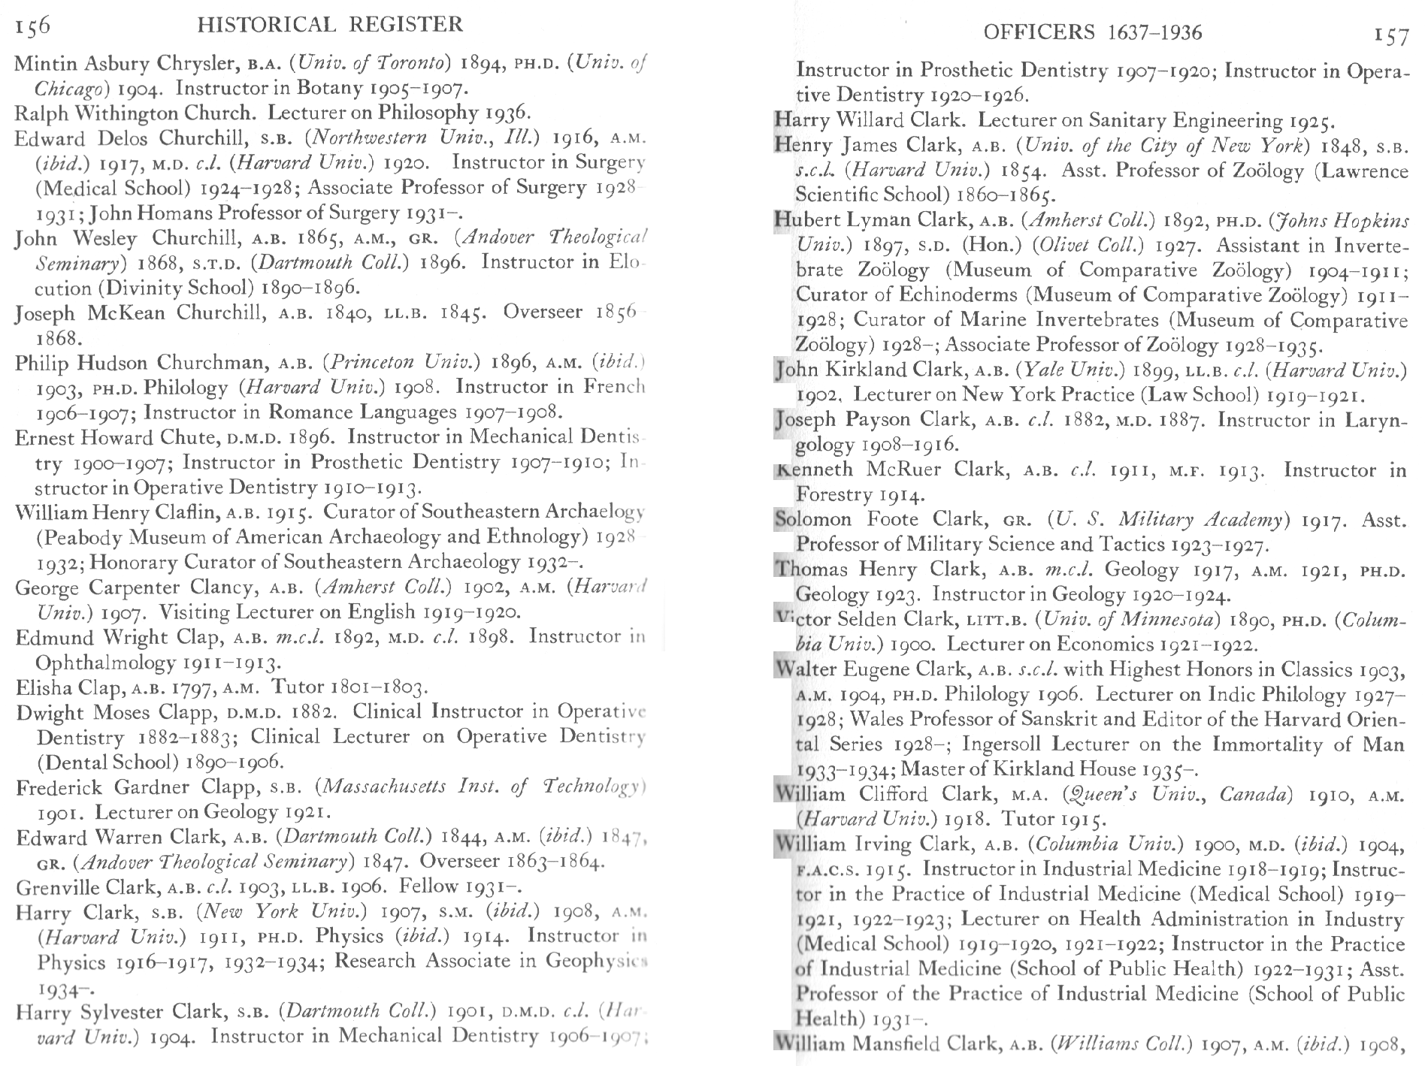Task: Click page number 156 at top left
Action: tap(32, 26)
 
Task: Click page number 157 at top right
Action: tap(1390, 35)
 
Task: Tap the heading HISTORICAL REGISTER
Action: tap(330, 25)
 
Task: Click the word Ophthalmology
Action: tap(105, 663)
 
